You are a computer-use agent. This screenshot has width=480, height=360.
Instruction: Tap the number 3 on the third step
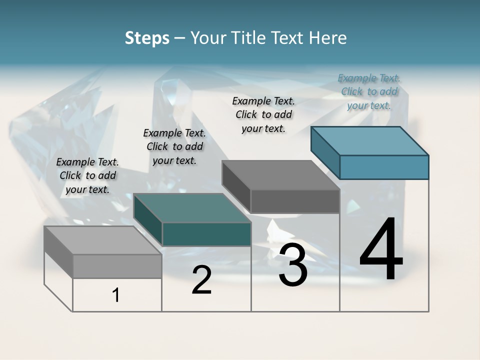[x=293, y=265]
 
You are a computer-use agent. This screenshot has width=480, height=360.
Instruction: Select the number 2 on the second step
[x=201, y=280]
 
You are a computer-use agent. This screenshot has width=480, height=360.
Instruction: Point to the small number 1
[x=116, y=295]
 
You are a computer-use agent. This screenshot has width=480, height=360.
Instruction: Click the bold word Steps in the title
[x=147, y=38]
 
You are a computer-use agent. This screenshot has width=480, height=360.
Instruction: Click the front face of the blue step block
[x=384, y=167]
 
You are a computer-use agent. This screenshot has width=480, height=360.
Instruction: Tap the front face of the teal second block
[x=206, y=234]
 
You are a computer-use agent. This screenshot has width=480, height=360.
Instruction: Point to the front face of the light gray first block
[x=117, y=266]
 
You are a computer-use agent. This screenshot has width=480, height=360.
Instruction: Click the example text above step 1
[x=87, y=176]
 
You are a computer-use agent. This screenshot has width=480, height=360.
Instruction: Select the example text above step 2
[x=174, y=146]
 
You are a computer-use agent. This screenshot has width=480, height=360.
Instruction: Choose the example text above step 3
[x=263, y=114]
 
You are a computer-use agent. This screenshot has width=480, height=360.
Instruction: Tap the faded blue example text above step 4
[x=369, y=91]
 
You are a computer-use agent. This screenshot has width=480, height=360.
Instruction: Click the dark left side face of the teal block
[x=148, y=220]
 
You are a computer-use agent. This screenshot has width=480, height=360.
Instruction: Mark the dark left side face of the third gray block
[x=236, y=186]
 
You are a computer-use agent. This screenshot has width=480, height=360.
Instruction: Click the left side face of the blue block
[x=325, y=152]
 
